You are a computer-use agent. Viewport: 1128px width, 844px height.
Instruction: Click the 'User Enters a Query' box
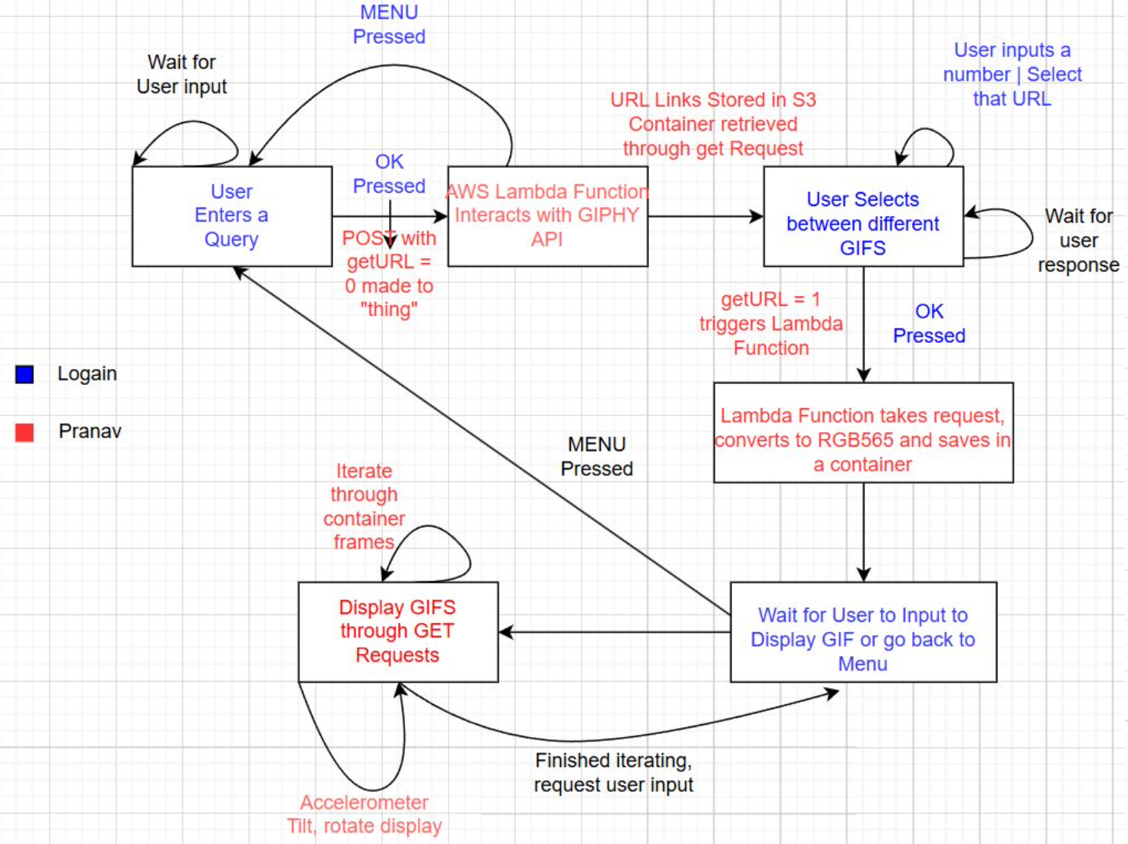(x=231, y=216)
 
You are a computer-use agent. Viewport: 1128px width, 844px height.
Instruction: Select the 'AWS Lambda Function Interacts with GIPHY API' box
(x=547, y=216)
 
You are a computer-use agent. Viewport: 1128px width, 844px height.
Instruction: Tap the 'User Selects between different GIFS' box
(x=863, y=223)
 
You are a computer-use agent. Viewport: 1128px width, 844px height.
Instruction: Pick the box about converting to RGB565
(x=863, y=440)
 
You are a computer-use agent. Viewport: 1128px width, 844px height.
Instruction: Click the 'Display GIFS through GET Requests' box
(x=397, y=631)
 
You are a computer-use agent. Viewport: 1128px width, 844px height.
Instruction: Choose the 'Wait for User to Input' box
(x=863, y=639)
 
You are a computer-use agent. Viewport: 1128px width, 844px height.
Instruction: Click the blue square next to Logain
(x=25, y=374)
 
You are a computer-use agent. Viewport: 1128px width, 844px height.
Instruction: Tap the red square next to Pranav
(x=25, y=432)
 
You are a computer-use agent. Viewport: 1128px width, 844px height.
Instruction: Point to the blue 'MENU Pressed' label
(x=389, y=25)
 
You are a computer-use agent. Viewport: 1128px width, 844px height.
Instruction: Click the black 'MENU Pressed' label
(x=596, y=457)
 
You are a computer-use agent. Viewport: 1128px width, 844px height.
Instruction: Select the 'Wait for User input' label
(x=182, y=75)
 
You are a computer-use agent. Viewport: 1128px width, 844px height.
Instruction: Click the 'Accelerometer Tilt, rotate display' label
(x=364, y=814)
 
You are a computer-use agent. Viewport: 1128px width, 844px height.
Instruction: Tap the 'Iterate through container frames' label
(x=364, y=507)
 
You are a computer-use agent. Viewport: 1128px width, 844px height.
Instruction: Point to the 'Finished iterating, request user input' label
(x=613, y=773)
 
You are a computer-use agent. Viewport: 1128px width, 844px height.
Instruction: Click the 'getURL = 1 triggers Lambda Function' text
(x=771, y=324)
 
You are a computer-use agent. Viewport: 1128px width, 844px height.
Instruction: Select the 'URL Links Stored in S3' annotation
(x=713, y=124)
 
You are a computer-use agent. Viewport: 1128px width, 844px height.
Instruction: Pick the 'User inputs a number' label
(x=1012, y=75)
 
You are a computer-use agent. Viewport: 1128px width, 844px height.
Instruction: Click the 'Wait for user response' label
(x=1078, y=241)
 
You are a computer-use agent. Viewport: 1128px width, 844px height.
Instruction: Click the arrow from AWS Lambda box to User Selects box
(x=705, y=217)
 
